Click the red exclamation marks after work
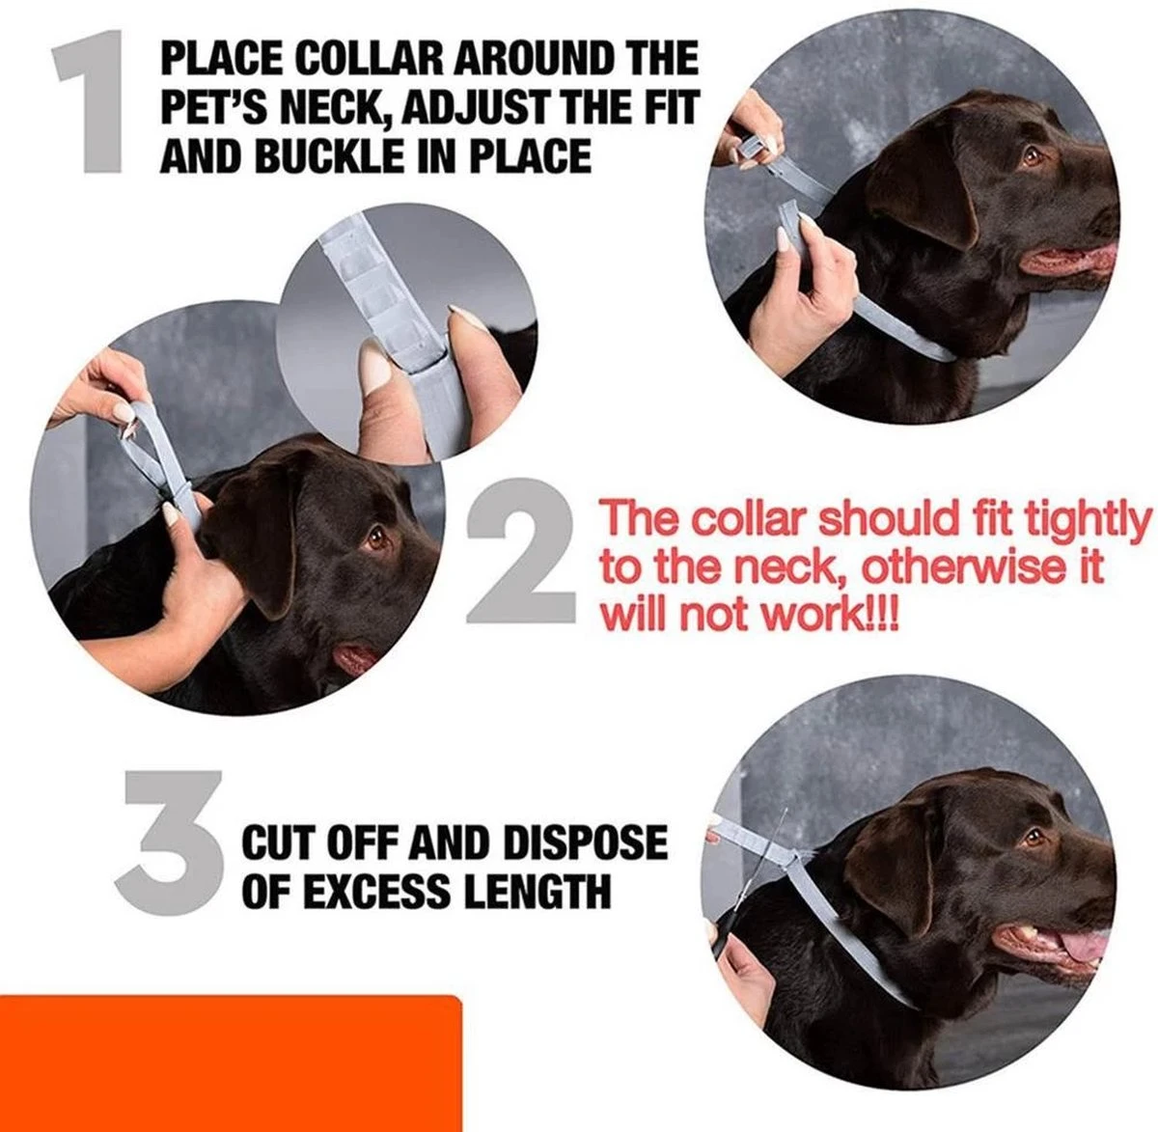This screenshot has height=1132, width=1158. click(883, 615)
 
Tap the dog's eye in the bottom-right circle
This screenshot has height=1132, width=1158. click(1034, 838)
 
